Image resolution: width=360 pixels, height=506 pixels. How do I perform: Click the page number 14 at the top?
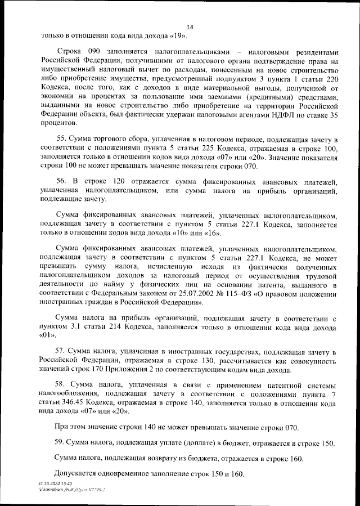[x=189, y=27]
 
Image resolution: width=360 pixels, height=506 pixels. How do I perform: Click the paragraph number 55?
[x=63, y=139]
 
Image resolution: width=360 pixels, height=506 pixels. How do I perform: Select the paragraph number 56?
[x=63, y=182]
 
